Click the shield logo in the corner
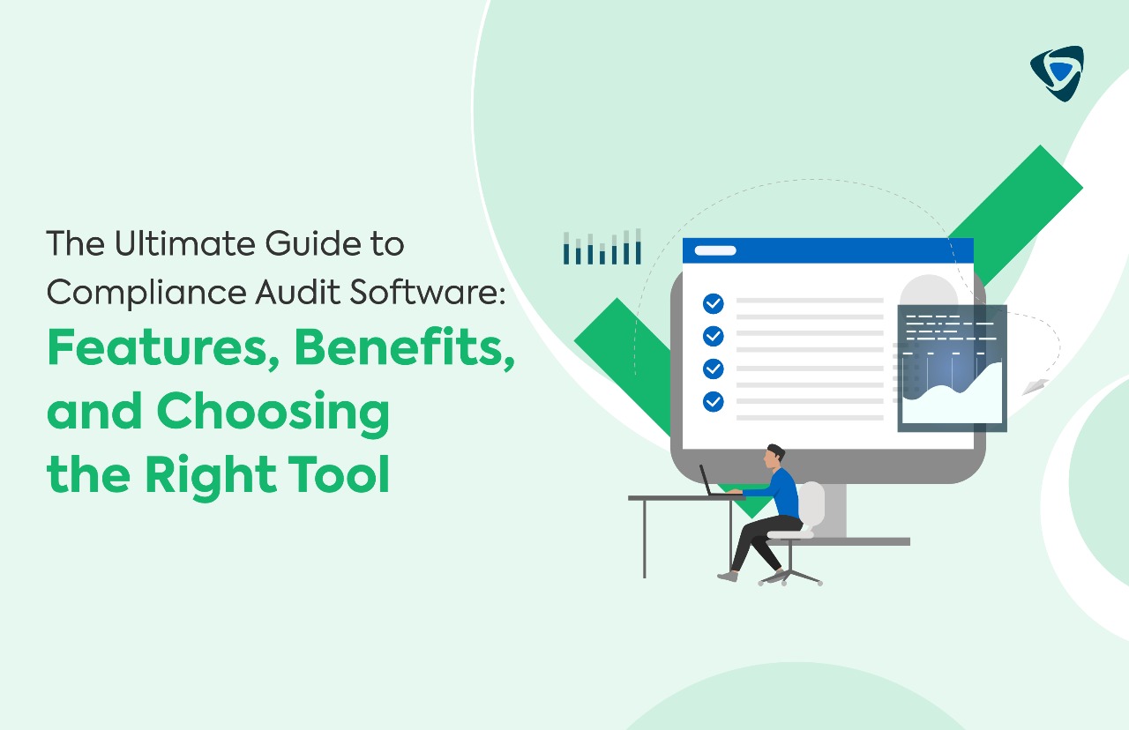tap(1057, 72)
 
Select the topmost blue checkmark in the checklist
tap(713, 304)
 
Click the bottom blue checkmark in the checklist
tap(713, 402)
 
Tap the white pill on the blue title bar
tap(715, 250)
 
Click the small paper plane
tap(1035, 386)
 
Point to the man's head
tap(774, 456)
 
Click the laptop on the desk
tap(710, 483)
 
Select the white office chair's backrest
tap(811, 503)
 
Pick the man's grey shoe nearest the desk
tap(728, 576)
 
